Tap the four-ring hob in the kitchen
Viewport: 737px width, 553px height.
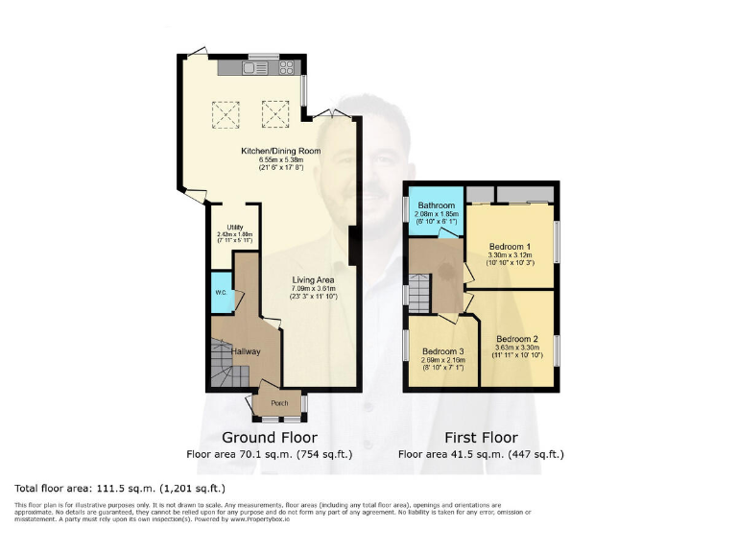click(286, 68)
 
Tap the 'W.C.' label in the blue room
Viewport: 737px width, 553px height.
click(222, 293)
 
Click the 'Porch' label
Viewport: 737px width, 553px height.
click(279, 403)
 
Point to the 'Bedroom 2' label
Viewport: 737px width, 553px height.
click(516, 339)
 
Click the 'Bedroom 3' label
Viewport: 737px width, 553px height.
click(442, 350)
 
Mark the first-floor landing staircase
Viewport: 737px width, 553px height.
click(418, 293)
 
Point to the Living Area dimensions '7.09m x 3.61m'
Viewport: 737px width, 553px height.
click(315, 288)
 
